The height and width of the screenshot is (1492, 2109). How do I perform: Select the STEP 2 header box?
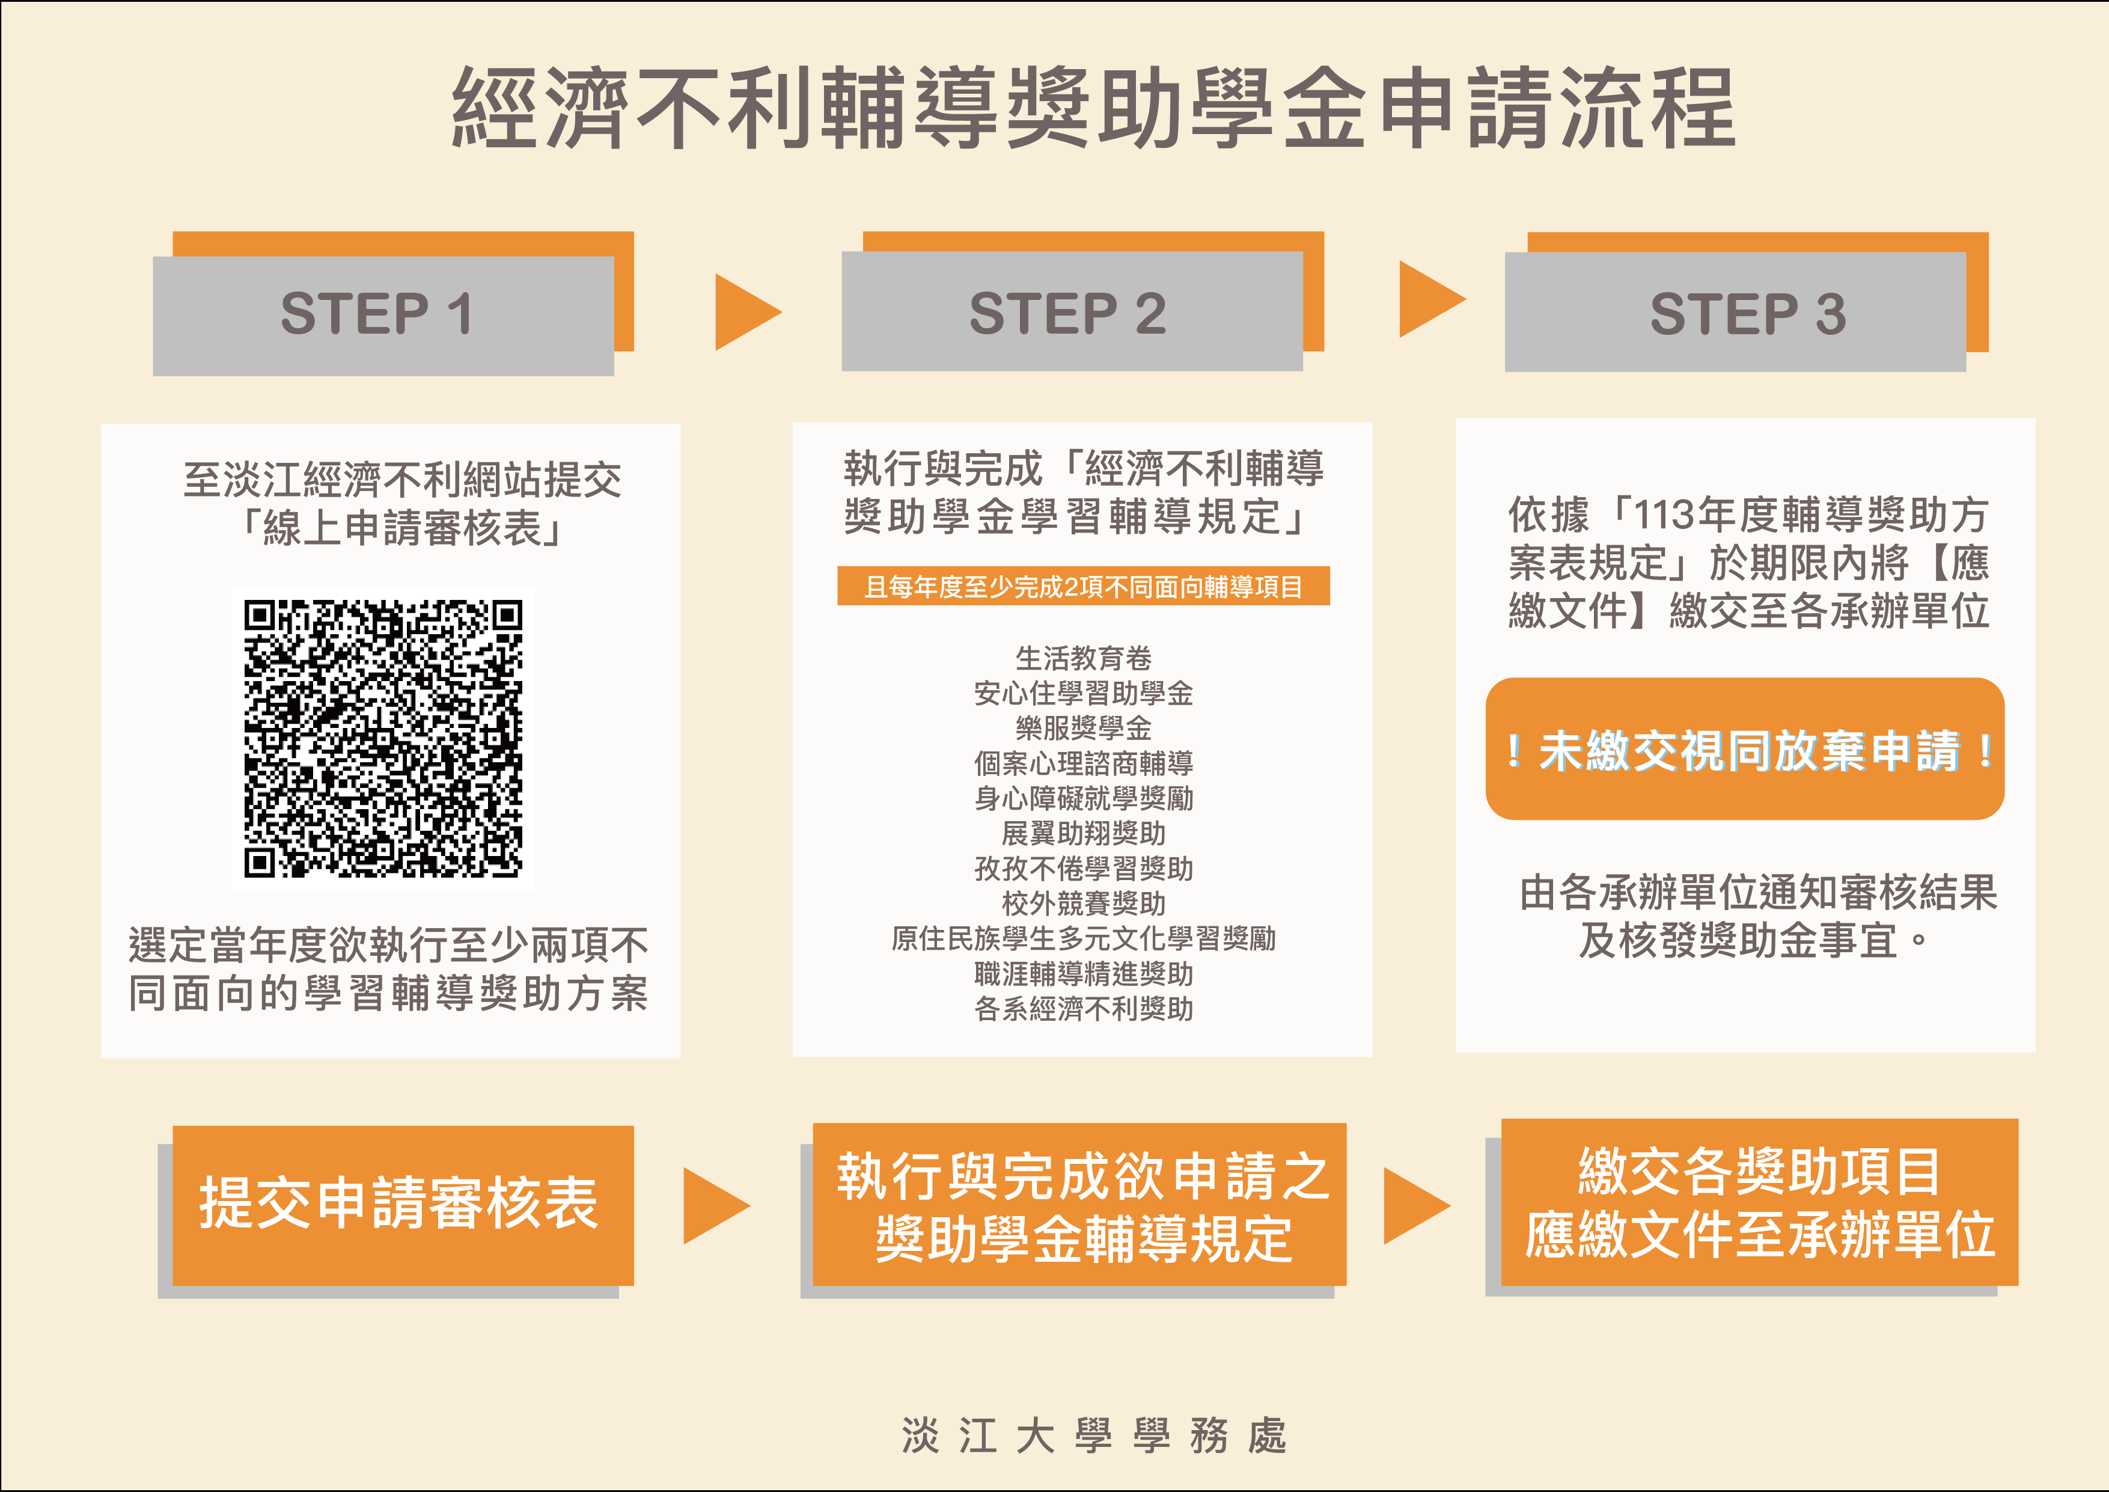1072,311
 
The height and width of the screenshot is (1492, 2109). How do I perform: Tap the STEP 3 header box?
1735,311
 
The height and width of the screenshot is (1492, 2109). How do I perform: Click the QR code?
383,739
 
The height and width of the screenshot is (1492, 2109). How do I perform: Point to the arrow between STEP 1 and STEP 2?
748,311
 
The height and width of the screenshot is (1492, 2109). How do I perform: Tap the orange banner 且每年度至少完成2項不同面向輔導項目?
1083,586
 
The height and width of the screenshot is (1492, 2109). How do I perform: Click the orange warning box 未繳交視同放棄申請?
1744,749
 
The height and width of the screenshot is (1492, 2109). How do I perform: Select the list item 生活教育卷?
1083,658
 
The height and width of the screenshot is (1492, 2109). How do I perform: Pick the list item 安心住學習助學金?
1083,692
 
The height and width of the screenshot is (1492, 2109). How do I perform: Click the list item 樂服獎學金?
1083,727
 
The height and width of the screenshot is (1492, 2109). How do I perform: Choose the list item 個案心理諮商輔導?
1083,763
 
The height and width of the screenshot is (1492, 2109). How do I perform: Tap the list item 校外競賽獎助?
1083,903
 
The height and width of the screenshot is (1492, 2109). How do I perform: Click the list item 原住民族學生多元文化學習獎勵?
1083,938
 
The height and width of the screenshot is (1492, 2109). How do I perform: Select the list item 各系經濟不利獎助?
1083,1009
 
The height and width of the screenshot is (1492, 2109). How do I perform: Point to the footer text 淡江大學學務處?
1094,1435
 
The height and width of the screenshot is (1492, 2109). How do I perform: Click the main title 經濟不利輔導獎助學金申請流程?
1093,108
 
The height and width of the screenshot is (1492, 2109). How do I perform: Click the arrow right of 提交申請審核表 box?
716,1206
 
